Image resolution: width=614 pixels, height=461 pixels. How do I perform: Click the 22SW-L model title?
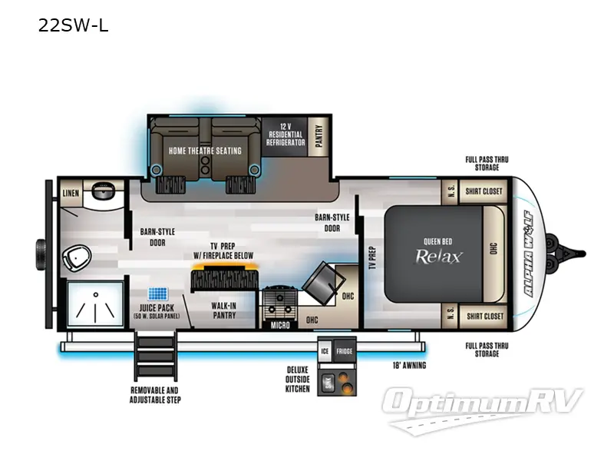(73, 26)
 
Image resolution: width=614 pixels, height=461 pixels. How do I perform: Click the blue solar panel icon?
(158, 295)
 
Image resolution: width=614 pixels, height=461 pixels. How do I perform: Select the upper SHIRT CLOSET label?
(484, 191)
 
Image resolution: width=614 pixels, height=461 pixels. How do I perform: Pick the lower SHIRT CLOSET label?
(484, 316)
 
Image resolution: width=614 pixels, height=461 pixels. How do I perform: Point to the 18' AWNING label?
(409, 365)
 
